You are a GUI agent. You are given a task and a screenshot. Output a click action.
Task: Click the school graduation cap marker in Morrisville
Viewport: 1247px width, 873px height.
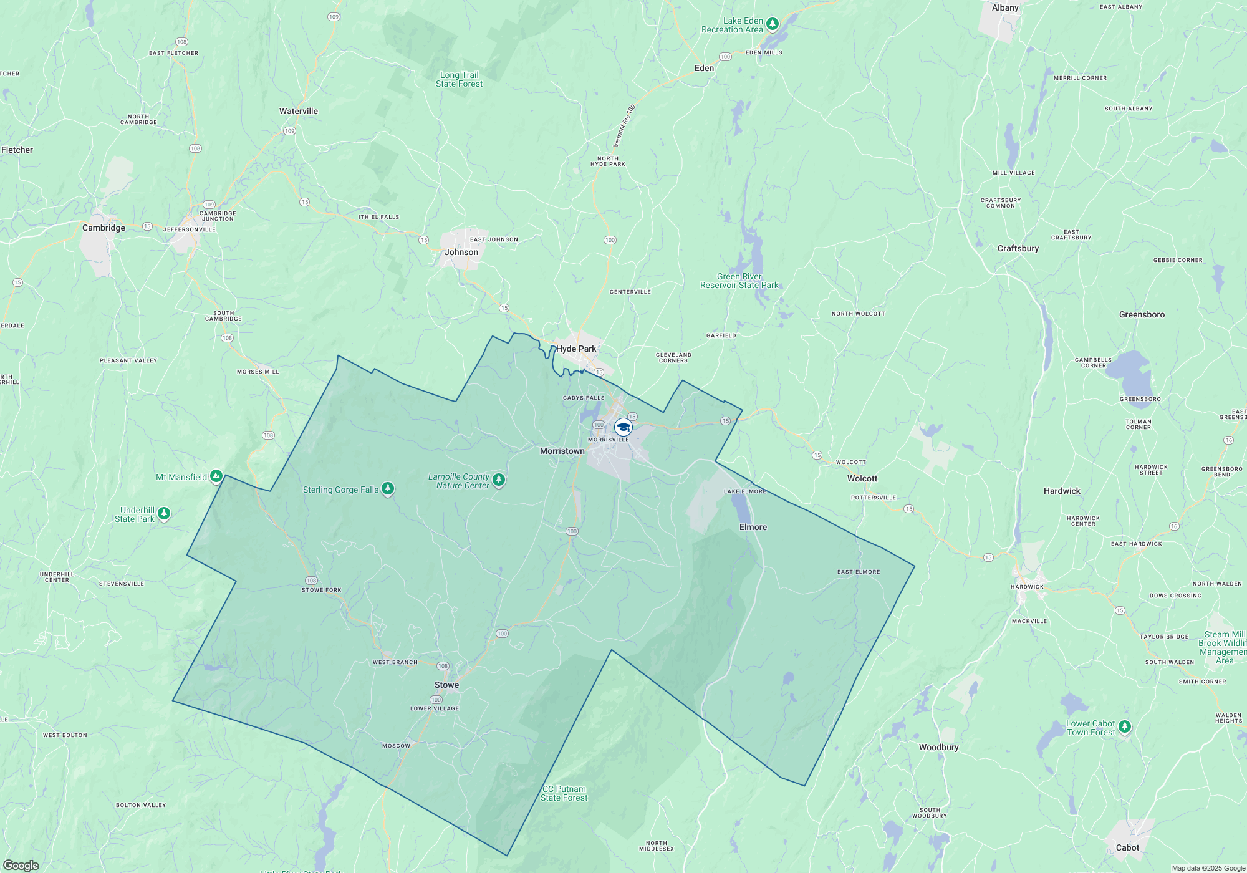[x=623, y=427]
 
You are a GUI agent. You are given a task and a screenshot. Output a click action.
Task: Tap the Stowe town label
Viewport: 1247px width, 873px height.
[x=446, y=685]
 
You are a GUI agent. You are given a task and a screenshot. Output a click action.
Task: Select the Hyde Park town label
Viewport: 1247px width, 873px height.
[x=576, y=349]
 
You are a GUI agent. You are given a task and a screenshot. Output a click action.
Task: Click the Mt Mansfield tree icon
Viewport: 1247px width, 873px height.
[x=216, y=477]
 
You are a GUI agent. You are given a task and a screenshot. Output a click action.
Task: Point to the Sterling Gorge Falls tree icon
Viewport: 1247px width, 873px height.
[x=388, y=489]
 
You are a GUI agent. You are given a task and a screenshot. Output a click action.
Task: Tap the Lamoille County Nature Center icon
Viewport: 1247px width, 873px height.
[x=498, y=480]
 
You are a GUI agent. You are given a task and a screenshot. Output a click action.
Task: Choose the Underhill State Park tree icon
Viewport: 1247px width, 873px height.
[x=164, y=513]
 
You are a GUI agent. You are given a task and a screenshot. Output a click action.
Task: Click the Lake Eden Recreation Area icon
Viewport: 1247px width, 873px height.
[x=773, y=24]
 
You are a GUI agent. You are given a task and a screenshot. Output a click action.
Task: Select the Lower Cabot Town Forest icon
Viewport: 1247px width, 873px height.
[x=1125, y=726]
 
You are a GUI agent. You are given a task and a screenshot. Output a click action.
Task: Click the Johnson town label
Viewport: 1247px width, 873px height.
[x=461, y=252]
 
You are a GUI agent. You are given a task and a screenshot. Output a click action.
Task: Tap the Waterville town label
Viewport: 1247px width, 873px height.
[x=299, y=111]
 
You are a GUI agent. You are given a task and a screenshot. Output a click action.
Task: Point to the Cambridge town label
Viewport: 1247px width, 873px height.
[x=104, y=228]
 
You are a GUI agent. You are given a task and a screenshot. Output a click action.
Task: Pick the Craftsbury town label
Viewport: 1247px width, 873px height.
[x=1018, y=248]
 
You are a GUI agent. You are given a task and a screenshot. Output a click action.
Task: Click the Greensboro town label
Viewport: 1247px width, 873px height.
[x=1142, y=314]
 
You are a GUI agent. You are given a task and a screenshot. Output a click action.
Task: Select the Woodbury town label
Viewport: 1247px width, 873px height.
[x=938, y=747]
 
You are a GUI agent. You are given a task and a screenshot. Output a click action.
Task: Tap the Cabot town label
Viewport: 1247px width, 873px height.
[x=1127, y=847]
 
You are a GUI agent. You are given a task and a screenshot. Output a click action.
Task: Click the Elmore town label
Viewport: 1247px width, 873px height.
[x=753, y=527]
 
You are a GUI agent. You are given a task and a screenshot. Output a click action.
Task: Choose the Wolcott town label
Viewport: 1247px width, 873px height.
[x=862, y=478]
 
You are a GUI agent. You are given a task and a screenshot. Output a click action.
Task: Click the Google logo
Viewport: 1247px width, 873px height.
[x=21, y=865]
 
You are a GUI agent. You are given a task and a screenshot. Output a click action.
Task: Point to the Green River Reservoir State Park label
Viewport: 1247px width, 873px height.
[x=739, y=281]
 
